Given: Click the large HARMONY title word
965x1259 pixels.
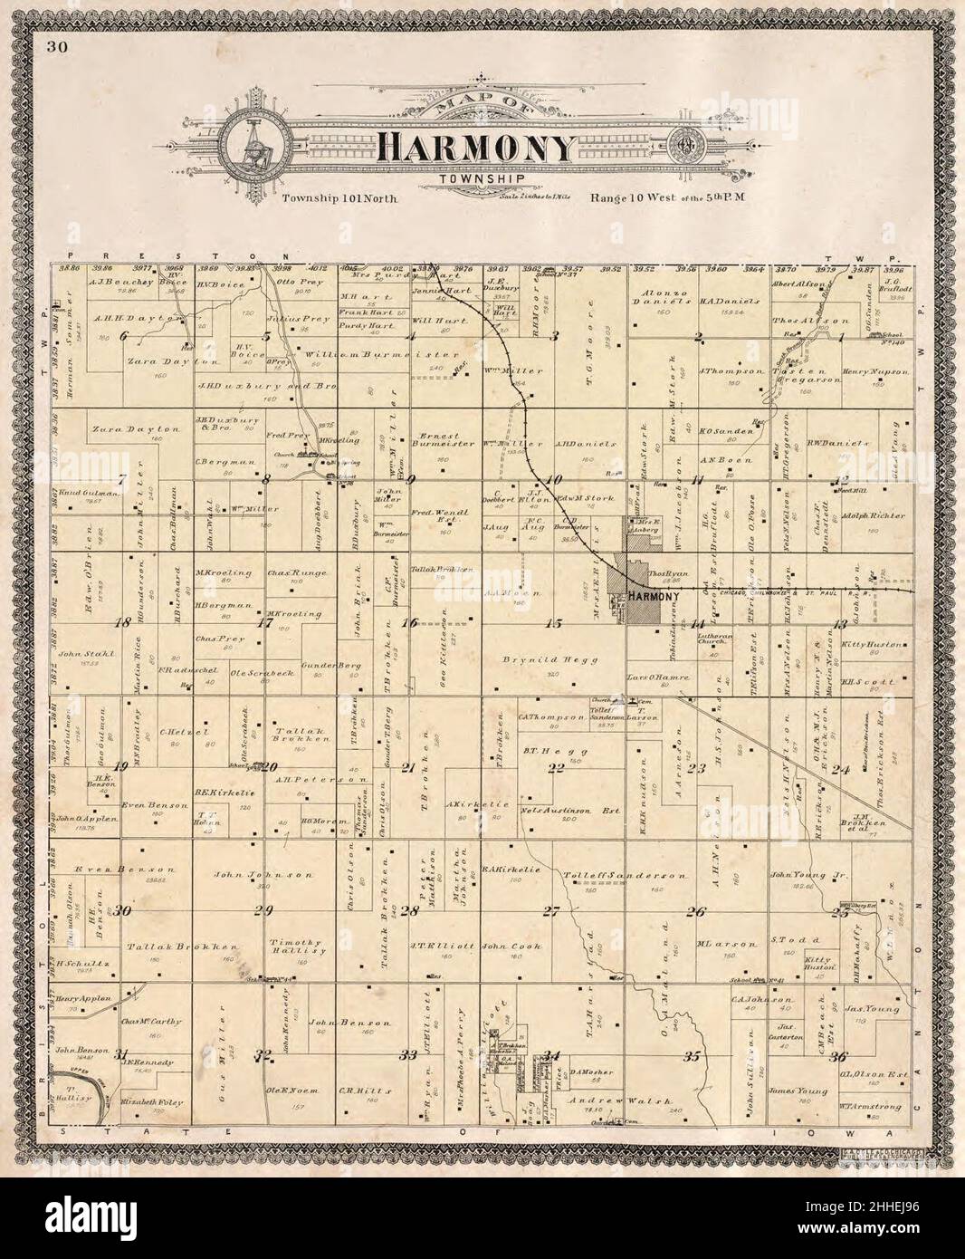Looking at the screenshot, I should [476, 147].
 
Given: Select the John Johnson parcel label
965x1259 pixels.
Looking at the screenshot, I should [263, 875].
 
